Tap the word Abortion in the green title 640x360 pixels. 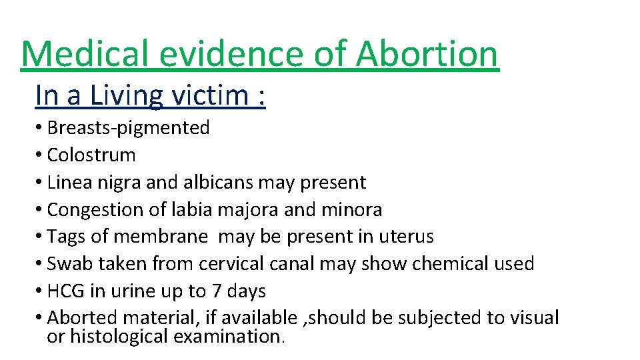(427, 55)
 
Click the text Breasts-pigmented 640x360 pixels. (129, 127)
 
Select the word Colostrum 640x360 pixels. (91, 155)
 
